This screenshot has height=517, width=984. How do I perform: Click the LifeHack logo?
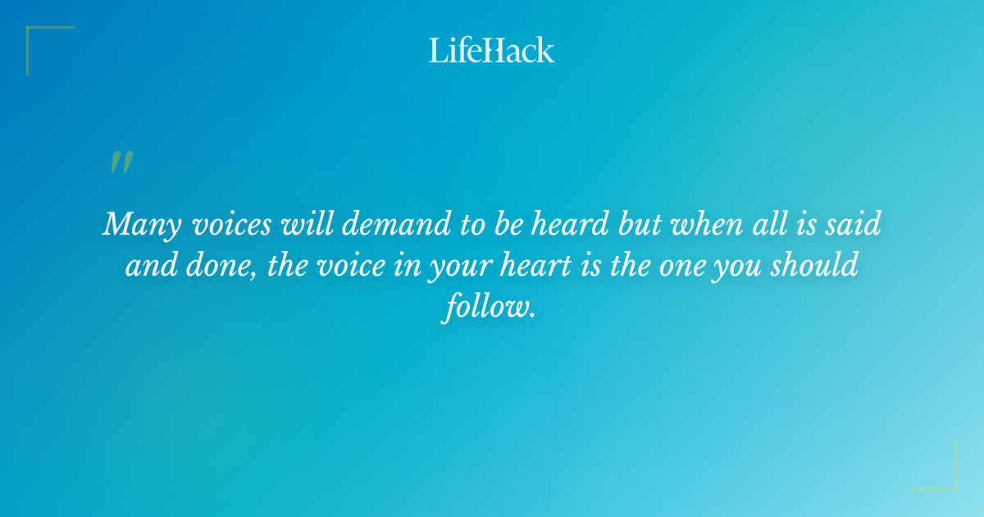point(492,50)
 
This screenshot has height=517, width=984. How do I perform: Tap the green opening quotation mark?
point(121,162)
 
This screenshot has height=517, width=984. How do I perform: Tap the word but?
point(642,225)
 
